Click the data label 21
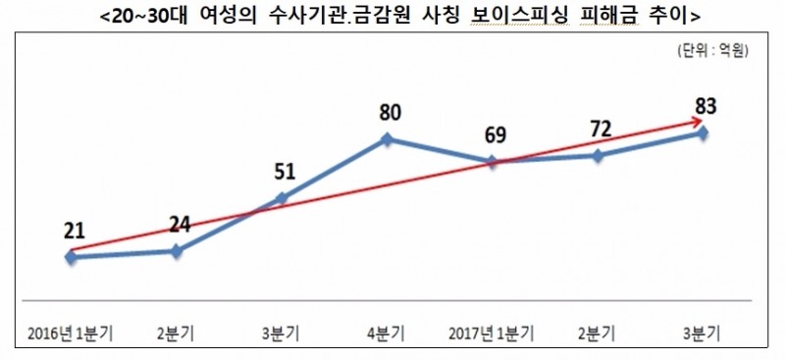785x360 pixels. coord(76,231)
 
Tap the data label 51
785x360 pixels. coord(283,173)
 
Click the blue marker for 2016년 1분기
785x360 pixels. coord(71,256)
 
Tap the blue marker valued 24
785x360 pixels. coord(177,250)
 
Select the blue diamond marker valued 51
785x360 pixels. coord(283,199)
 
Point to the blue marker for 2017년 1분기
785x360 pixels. coord(492,161)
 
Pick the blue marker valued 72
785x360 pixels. coord(598,155)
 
